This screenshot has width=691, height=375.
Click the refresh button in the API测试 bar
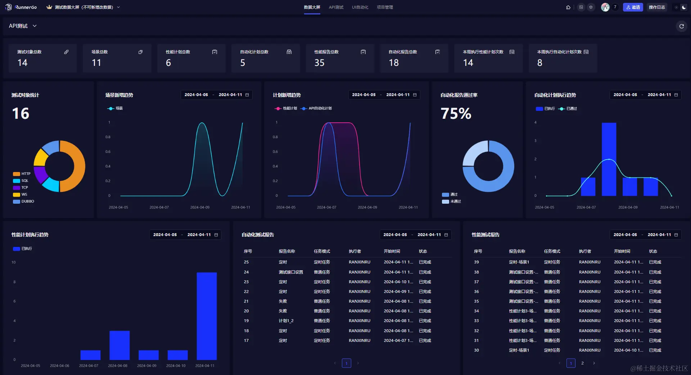tap(681, 26)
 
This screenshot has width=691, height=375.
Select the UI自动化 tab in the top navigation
tap(360, 7)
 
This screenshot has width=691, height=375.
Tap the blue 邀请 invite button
tap(633, 7)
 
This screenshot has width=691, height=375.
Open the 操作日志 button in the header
tap(657, 7)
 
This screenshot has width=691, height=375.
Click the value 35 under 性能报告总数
tap(319, 63)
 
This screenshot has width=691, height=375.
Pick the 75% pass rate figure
tap(456, 114)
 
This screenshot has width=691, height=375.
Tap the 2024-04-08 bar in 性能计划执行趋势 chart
tap(119, 345)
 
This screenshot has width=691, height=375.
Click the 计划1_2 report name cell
tap(286, 321)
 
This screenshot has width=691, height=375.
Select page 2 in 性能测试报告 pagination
tap(582, 363)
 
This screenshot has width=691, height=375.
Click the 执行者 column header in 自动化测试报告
tap(354, 251)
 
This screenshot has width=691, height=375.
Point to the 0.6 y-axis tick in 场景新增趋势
tap(108, 152)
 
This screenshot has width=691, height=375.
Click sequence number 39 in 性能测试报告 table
tap(477, 262)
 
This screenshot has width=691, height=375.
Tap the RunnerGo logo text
tap(26, 7)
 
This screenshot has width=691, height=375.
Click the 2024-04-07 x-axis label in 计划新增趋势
tap(326, 207)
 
